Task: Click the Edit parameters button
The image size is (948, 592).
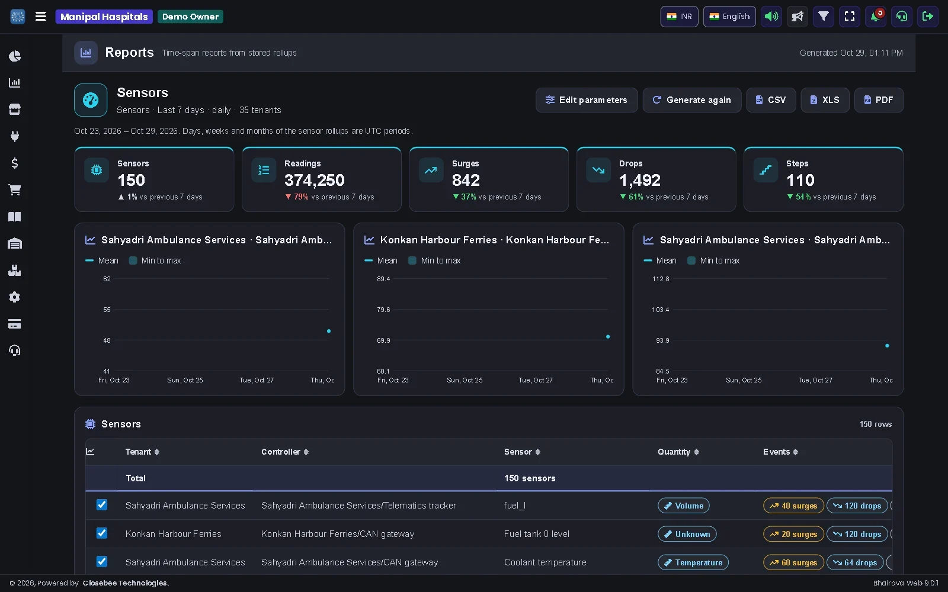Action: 587,100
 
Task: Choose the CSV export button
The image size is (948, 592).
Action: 771,100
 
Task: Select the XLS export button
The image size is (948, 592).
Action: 825,100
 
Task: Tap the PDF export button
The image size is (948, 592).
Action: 879,100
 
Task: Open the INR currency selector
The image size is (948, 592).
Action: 679,17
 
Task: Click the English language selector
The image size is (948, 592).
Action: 729,17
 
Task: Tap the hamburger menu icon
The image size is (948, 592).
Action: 41,17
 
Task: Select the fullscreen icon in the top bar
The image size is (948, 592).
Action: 850,17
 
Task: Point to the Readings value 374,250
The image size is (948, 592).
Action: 315,180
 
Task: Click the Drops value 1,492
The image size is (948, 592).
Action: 639,180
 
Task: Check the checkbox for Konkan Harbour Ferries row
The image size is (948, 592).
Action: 101,533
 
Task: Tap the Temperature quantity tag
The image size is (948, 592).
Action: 693,562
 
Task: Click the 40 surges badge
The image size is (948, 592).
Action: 793,506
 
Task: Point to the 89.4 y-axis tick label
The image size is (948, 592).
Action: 383,279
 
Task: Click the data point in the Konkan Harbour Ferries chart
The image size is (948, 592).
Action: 608,337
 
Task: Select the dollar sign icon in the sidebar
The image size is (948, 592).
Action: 15,163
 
